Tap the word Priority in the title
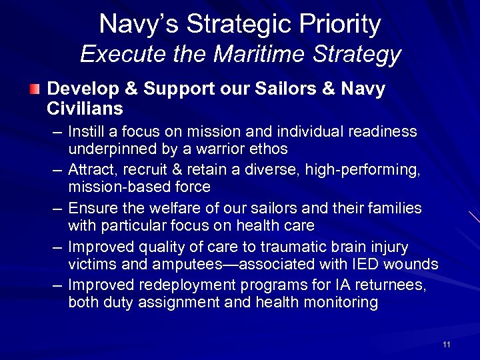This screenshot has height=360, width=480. pos(341,25)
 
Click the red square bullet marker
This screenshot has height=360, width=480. pos(35,89)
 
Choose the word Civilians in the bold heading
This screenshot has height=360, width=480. pos(85,108)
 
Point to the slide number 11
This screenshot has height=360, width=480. pos(446,344)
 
